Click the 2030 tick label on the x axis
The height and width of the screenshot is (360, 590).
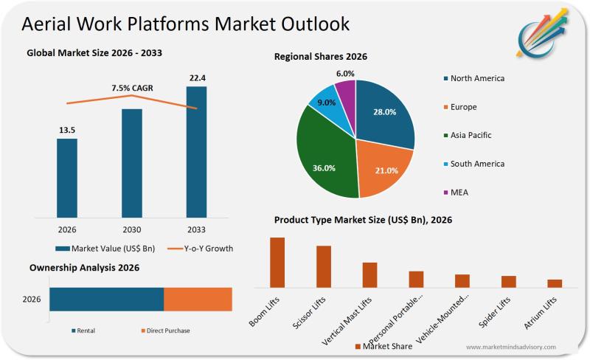[132, 229]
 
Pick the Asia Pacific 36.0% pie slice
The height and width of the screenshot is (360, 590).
[324, 159]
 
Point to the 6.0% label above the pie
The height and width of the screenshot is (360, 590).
[345, 74]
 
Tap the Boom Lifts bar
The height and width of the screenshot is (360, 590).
[277, 262]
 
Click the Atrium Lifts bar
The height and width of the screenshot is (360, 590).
[555, 283]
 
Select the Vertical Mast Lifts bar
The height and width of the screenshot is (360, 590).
[369, 274]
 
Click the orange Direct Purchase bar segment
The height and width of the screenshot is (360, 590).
[198, 300]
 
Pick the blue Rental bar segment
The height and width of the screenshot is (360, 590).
[107, 300]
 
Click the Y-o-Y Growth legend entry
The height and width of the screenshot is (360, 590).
[198, 249]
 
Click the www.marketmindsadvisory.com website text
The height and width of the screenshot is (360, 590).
[510, 347]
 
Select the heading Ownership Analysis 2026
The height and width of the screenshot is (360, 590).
[84, 268]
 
